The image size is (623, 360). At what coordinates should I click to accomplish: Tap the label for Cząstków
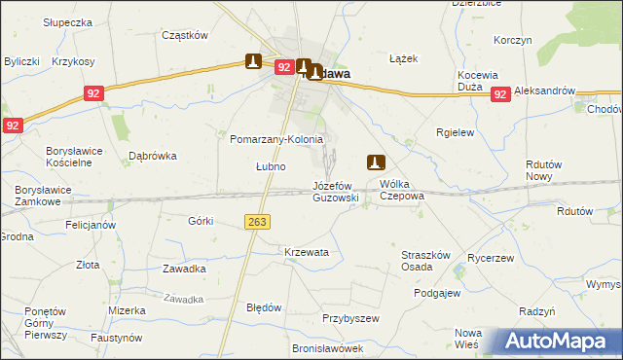[x=185, y=35]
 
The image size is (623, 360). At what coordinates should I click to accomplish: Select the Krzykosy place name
[x=74, y=61]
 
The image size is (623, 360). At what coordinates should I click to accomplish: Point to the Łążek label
[x=403, y=58]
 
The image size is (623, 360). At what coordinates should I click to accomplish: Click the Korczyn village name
[x=512, y=40]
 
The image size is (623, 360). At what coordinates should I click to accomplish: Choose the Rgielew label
[x=455, y=134]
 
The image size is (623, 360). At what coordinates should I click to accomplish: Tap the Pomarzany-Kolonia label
[x=275, y=139]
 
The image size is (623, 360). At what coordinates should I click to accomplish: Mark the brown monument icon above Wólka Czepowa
[x=376, y=162]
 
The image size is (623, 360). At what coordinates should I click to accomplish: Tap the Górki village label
[x=201, y=221]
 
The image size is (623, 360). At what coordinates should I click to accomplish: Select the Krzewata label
[x=307, y=252]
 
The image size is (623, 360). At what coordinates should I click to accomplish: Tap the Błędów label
[x=264, y=307]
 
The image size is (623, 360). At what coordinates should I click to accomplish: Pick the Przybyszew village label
[x=350, y=318]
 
